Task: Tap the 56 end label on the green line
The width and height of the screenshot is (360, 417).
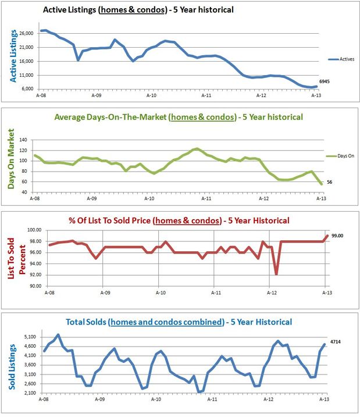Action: coord(329,182)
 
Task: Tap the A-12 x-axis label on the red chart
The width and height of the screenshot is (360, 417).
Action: coord(269,292)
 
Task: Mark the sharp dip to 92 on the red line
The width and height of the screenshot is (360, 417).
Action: coord(276,273)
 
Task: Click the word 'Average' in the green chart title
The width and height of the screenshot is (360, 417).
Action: coord(70,117)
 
